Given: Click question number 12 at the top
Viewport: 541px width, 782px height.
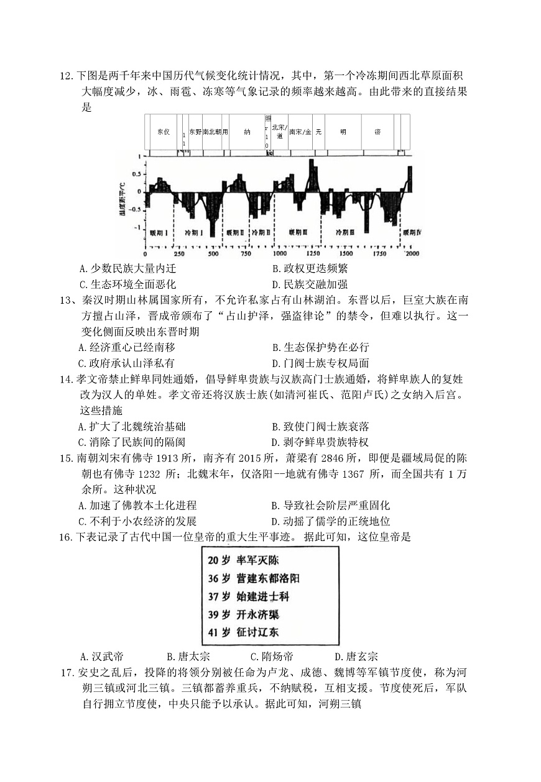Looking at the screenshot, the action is coord(67,76).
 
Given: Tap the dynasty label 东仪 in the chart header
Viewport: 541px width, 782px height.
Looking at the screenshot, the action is coord(163,132).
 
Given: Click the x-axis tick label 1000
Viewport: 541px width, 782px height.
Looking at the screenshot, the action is coord(279,254).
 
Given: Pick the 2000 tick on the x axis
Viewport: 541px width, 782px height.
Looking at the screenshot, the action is coord(412,254).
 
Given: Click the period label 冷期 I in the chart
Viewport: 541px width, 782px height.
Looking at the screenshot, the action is coord(194,232).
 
